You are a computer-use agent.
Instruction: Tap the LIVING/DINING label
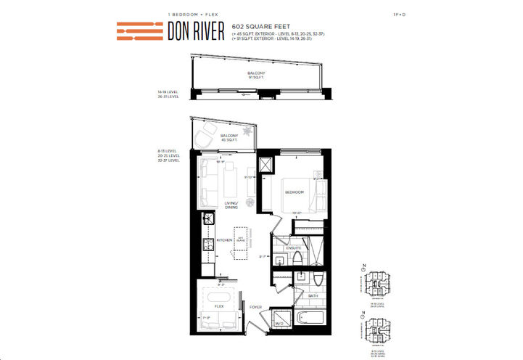point(231,205)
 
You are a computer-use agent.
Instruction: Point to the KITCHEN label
point(225,240)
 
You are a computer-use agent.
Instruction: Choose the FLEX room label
point(219,306)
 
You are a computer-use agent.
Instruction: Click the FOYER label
point(255,306)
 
